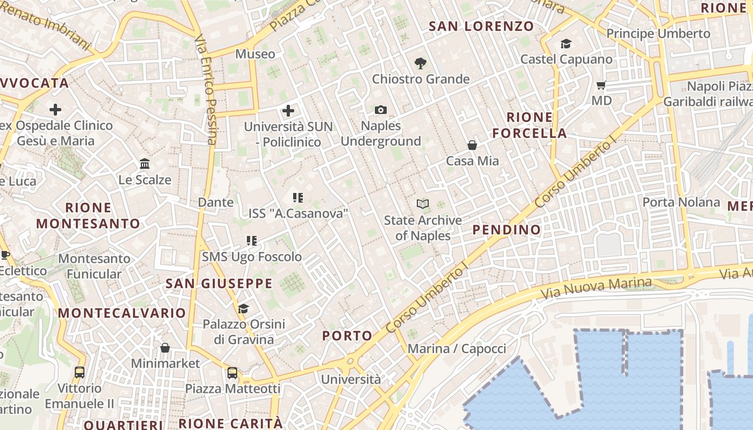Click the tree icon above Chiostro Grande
pos(421,63)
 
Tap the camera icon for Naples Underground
pos(381,110)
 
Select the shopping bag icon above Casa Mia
pos(472,145)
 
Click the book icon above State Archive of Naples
pos(423,204)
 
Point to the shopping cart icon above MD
pos(601,85)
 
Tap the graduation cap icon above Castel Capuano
pos(566,44)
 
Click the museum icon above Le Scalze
pos(145,163)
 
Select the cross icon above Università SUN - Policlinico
pos(288,111)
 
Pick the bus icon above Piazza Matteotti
pos(232,372)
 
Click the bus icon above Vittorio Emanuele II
pos(80,372)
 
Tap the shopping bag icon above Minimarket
pos(165,348)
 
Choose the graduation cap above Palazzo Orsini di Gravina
pos(244,309)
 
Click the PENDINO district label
pos(507,230)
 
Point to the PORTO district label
pos(347,336)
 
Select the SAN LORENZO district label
pos(481,26)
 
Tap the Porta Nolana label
pos(681,202)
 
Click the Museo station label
pos(255,54)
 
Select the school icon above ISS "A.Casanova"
pos(298,198)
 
